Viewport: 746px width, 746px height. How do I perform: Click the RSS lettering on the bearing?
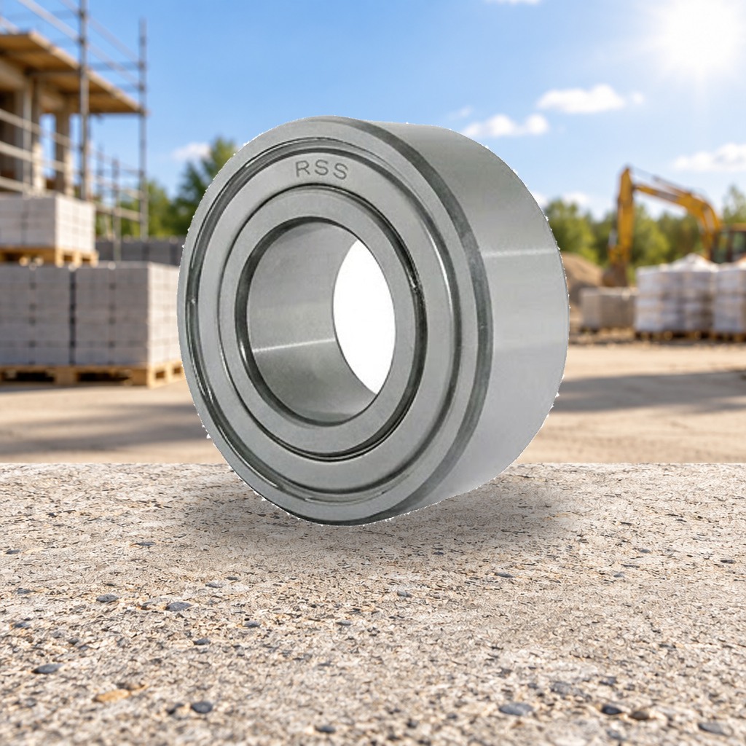[x=321, y=170]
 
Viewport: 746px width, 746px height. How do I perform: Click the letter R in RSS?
[x=303, y=168]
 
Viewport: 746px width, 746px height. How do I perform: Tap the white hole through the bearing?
[x=364, y=316]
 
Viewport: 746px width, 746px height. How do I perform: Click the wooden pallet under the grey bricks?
[x=90, y=374]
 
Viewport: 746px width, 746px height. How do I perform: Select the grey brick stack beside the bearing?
[x=90, y=314]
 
